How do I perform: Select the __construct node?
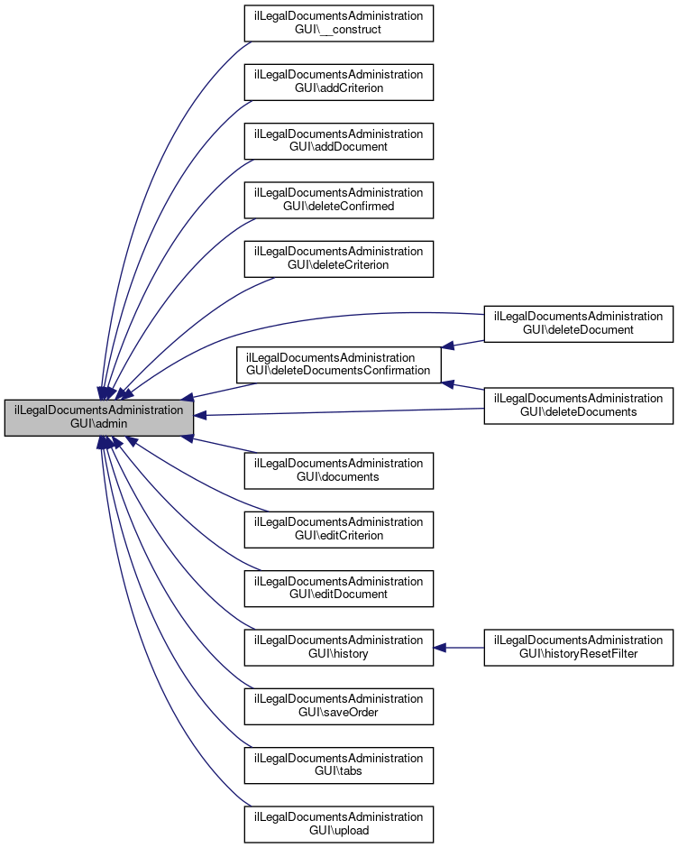[x=339, y=23]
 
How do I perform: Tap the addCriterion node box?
[x=339, y=82]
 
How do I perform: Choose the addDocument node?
[x=339, y=141]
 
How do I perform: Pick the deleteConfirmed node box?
[x=339, y=199]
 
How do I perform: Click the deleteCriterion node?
[x=339, y=258]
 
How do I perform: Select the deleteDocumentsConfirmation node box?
[x=339, y=364]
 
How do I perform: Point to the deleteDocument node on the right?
[x=579, y=324]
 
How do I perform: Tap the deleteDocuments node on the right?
[x=579, y=406]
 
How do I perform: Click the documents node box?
[x=339, y=470]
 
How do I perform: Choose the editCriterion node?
[x=339, y=529]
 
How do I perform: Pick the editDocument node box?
[x=339, y=588]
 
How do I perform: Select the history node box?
[x=339, y=647]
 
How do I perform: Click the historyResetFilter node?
[x=579, y=647]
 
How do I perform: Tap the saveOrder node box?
[x=339, y=705]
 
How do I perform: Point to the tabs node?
[x=339, y=765]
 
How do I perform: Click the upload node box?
[x=339, y=824]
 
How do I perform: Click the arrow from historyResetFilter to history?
[x=460, y=647]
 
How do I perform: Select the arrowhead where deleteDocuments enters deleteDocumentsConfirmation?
[x=448, y=383]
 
